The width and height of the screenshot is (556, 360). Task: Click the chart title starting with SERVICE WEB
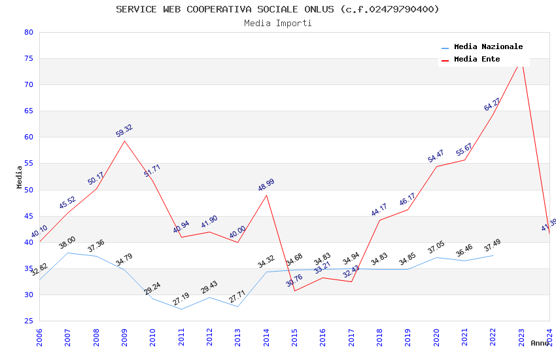(277, 9)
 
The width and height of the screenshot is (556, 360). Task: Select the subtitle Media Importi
(277, 23)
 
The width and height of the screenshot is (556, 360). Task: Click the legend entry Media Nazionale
(488, 46)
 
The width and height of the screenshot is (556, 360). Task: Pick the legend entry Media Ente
(477, 59)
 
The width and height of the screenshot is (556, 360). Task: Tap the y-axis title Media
(20, 177)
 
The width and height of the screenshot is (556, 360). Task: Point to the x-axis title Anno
(540, 343)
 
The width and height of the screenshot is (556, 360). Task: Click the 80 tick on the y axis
(28, 32)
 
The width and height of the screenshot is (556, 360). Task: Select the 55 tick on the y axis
(28, 164)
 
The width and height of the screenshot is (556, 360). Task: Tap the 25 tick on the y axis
(28, 321)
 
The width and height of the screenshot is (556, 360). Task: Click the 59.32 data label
(124, 131)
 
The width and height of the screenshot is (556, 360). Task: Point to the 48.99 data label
(266, 185)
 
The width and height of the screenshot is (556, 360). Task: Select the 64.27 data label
(493, 104)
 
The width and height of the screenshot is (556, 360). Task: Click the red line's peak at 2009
(124, 141)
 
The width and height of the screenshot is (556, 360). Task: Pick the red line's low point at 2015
(294, 291)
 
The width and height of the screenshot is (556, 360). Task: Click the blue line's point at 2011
(181, 309)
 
